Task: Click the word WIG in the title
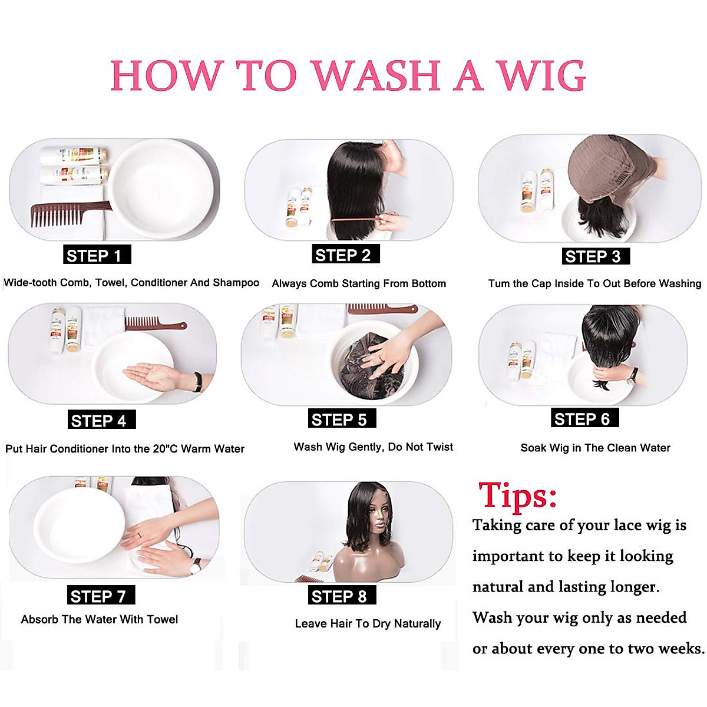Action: coord(541,76)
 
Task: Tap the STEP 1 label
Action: coord(97,255)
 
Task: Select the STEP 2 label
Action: coord(346,255)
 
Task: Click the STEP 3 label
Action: coord(596,256)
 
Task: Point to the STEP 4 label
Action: coord(101,420)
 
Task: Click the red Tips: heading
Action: coord(517,495)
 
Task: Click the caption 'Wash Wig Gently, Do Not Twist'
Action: coord(373,447)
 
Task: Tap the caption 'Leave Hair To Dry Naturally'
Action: coord(368,623)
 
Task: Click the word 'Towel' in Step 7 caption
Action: coord(162,619)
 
